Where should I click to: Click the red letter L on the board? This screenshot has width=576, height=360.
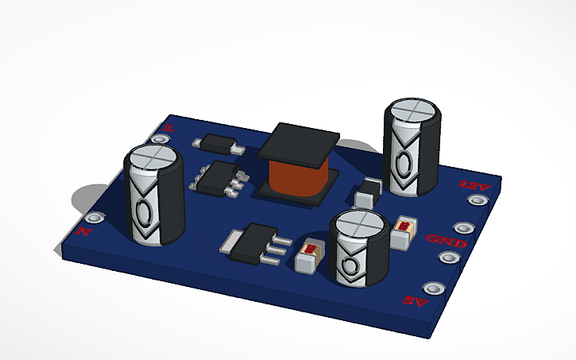click(x=168, y=127)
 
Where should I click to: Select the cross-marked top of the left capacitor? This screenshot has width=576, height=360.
click(x=155, y=156)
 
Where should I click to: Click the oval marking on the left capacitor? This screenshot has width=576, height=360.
click(x=145, y=213)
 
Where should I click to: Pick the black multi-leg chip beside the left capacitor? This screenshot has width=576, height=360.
click(x=217, y=177)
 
